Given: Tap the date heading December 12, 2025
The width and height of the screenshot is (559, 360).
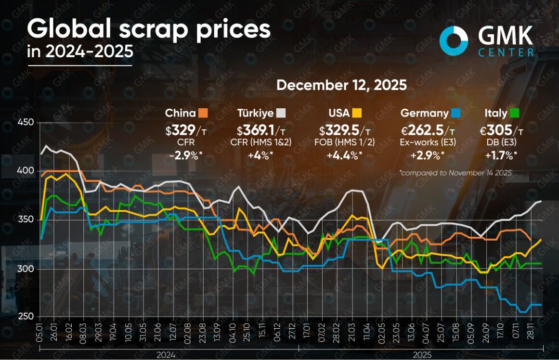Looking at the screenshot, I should coord(341,85).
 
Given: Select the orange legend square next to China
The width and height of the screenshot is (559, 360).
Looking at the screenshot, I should coord(203,114).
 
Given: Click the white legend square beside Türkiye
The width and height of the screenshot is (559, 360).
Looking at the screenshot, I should coord(281,114).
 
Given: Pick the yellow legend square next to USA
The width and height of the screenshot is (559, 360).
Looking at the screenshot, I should coord(357,114).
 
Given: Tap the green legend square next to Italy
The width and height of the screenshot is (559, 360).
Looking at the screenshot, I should coord(515,114).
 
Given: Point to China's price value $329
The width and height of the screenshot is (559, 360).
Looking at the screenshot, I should coord(181,130).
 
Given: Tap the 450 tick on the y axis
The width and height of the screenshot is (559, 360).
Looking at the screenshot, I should coord(26,123).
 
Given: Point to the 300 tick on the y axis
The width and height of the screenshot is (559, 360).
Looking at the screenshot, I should coord(26,269).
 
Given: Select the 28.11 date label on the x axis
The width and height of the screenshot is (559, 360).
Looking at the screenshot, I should coord(531,333).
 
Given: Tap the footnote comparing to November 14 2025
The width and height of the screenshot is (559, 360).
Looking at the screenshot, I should coord(455,172).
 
